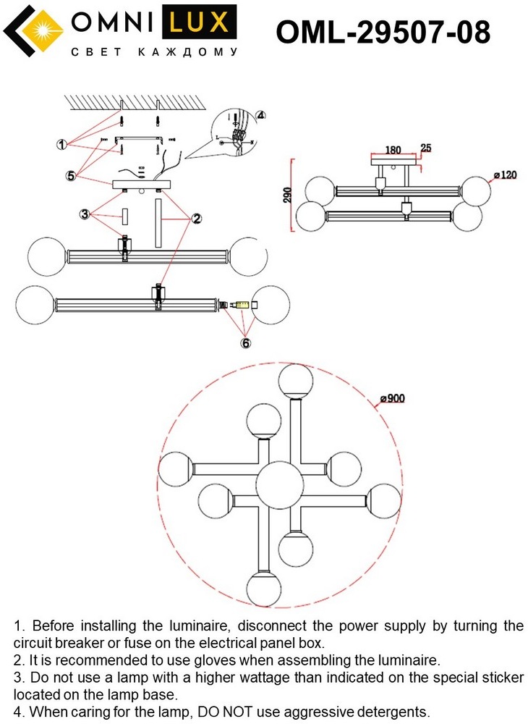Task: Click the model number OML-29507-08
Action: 383,32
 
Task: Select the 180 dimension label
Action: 393,151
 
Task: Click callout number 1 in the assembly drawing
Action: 62,144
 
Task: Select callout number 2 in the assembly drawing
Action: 196,217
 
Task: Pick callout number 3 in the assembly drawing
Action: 85,214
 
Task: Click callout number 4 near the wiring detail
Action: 260,115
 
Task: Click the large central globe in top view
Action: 279,482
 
